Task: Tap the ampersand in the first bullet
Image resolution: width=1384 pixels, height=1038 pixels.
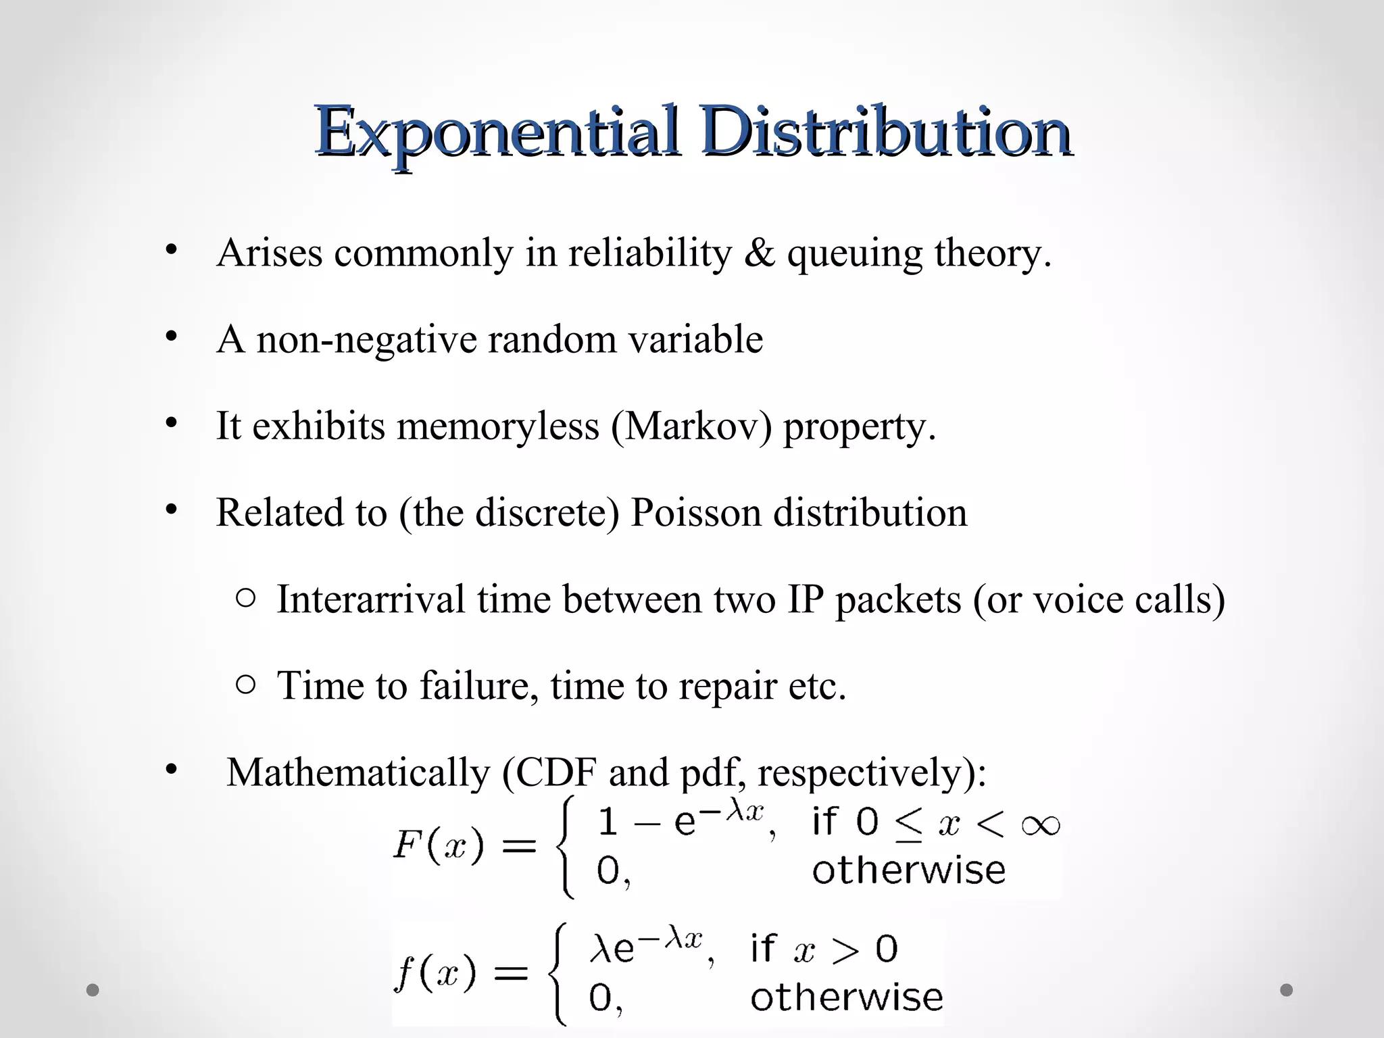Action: pos(759,253)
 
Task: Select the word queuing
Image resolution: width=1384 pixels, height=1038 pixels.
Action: pos(854,254)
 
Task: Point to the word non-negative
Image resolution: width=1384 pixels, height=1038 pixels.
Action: pos(366,339)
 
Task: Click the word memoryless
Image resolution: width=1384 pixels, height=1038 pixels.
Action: pos(498,426)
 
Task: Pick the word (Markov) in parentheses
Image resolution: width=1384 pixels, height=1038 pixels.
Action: pos(691,426)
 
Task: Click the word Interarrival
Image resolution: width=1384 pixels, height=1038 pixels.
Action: pos(371,599)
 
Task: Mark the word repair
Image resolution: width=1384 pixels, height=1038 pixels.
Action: pos(727,687)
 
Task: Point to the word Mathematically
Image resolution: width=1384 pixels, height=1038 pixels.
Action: pos(358,772)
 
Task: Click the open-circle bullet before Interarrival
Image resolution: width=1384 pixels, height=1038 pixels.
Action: pos(247,598)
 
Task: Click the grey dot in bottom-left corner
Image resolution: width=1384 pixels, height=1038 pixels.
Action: pos(93,990)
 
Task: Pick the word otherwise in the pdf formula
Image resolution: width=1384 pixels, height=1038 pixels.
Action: pos(846,997)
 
